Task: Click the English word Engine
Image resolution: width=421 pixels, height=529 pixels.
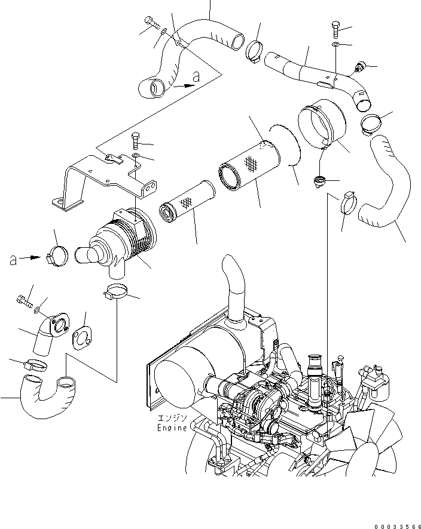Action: pos(172,427)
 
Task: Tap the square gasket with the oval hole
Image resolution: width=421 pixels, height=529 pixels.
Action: pos(83,338)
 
